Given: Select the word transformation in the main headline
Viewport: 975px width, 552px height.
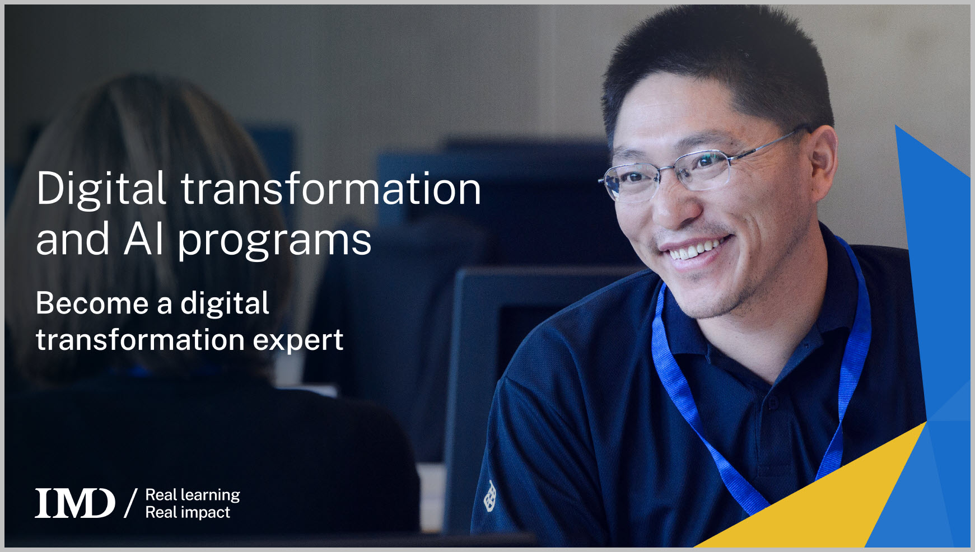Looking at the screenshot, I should [x=330, y=189].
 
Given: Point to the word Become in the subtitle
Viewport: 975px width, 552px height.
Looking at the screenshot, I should [x=92, y=303].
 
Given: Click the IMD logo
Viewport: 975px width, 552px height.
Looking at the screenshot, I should [x=74, y=503].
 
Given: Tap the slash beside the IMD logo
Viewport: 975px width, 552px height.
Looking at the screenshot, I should [x=130, y=503].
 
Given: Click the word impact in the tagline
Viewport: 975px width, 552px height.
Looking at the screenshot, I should [x=205, y=512].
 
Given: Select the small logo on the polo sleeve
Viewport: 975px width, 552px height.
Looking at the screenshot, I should [x=490, y=496].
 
